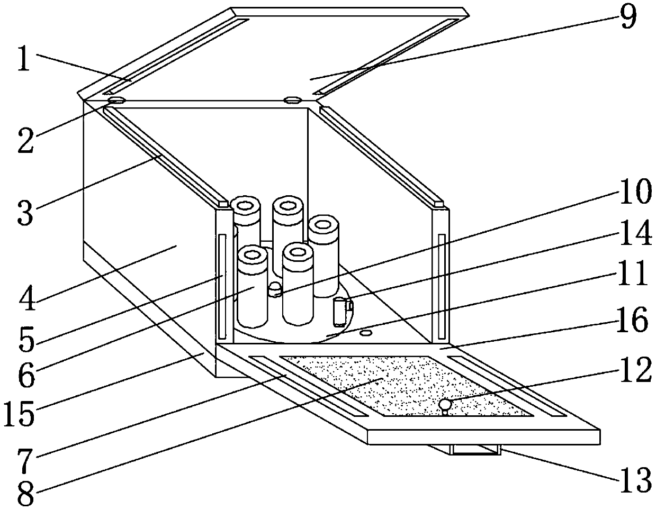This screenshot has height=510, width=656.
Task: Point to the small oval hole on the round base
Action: click(x=365, y=332)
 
